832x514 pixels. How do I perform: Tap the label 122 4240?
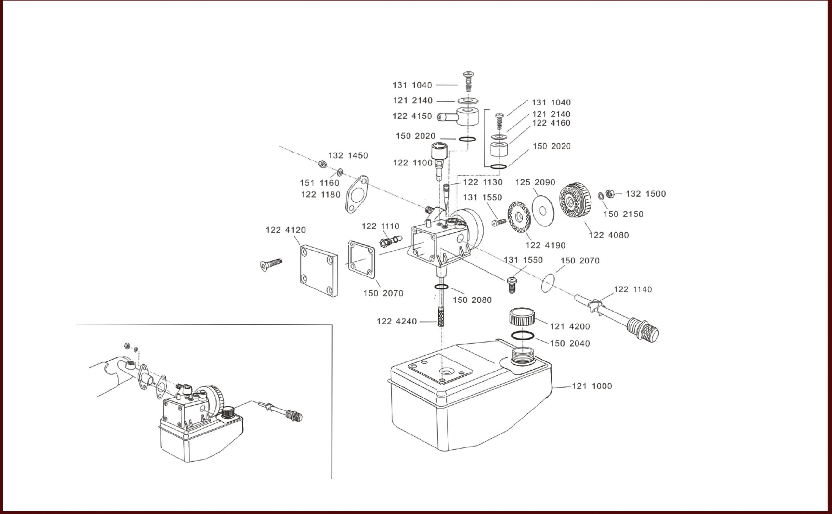pyautogui.click(x=396, y=322)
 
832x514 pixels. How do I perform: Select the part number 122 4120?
pyautogui.click(x=286, y=230)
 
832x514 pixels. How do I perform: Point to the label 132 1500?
pyautogui.click(x=645, y=194)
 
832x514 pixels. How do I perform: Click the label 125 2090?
pyautogui.click(x=535, y=183)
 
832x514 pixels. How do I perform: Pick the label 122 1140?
pyautogui.click(x=632, y=290)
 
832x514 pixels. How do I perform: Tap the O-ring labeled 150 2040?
pyautogui.click(x=522, y=336)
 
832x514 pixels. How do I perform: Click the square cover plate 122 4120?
pyautogui.click(x=318, y=270)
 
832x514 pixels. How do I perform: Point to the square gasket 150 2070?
pyautogui.click(x=361, y=259)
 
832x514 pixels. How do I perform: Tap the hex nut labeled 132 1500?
pyautogui.click(x=610, y=194)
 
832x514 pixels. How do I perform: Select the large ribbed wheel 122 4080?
pyautogui.click(x=575, y=200)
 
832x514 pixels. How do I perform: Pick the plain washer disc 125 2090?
pyautogui.click(x=543, y=211)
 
